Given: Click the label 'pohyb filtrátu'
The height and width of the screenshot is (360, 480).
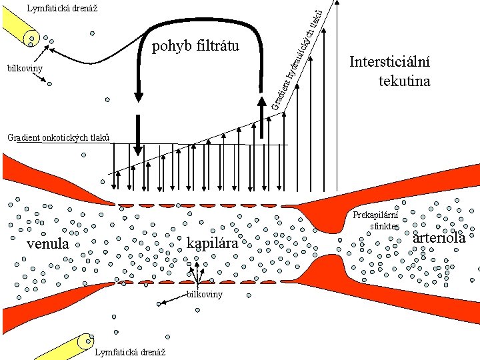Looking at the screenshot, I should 195,47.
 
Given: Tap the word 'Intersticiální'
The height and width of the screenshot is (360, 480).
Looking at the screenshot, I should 390,63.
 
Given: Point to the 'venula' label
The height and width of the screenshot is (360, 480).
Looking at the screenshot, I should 47,244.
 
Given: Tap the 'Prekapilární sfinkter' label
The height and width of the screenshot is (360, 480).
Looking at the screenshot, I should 375,221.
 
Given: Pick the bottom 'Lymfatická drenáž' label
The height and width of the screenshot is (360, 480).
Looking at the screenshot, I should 131,351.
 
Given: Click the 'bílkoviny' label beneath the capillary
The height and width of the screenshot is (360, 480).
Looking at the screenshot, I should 205,294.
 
